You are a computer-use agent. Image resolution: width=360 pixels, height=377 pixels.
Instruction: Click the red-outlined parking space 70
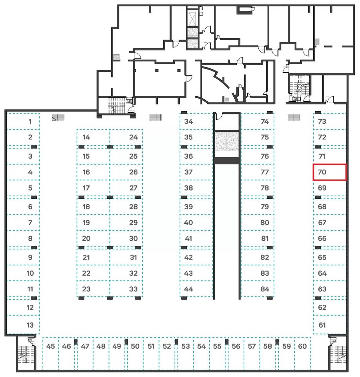(329, 172)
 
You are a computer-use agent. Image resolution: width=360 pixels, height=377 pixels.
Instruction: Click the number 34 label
(188, 121)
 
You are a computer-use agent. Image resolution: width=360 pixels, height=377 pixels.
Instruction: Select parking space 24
(126, 137)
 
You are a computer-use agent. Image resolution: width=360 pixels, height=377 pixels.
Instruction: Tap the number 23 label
(86, 289)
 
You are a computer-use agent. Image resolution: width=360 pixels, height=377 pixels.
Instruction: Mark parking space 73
(329, 121)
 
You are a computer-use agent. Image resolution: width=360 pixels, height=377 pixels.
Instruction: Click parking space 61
(329, 325)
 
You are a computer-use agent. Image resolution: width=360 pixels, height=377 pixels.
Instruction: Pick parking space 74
(257, 121)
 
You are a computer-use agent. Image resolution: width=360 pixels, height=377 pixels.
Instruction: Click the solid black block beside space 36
(226, 160)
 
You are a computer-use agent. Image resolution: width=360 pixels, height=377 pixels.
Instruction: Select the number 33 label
(133, 289)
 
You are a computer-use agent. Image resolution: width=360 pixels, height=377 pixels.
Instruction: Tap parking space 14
(93, 137)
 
